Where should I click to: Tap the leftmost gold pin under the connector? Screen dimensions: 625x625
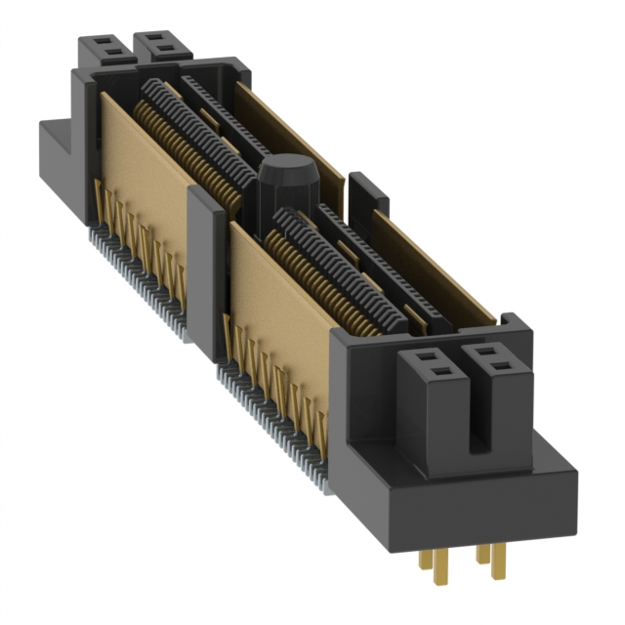[x=426, y=563]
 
